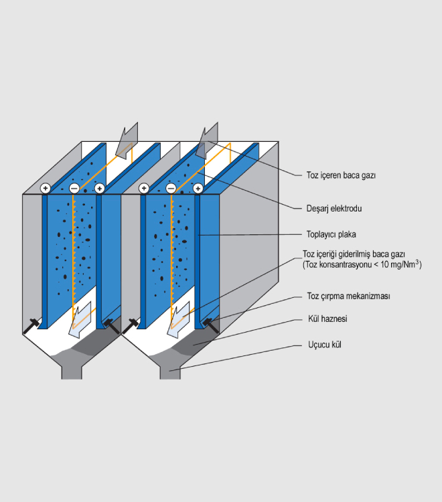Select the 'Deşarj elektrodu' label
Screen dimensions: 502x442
(x=334, y=208)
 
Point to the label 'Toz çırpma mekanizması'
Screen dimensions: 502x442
(x=348, y=295)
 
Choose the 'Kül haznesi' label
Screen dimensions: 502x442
(x=327, y=319)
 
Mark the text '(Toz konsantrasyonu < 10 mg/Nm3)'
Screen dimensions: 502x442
(x=362, y=265)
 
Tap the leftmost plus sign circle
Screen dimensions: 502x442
(x=46, y=189)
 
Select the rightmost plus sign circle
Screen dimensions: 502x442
(x=198, y=189)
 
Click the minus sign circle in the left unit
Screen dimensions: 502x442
(x=73, y=189)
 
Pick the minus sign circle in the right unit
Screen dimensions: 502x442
(x=171, y=189)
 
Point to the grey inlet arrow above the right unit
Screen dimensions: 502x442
(x=208, y=139)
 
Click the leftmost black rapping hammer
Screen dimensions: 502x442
(x=31, y=326)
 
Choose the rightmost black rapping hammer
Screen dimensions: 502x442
(x=212, y=325)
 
